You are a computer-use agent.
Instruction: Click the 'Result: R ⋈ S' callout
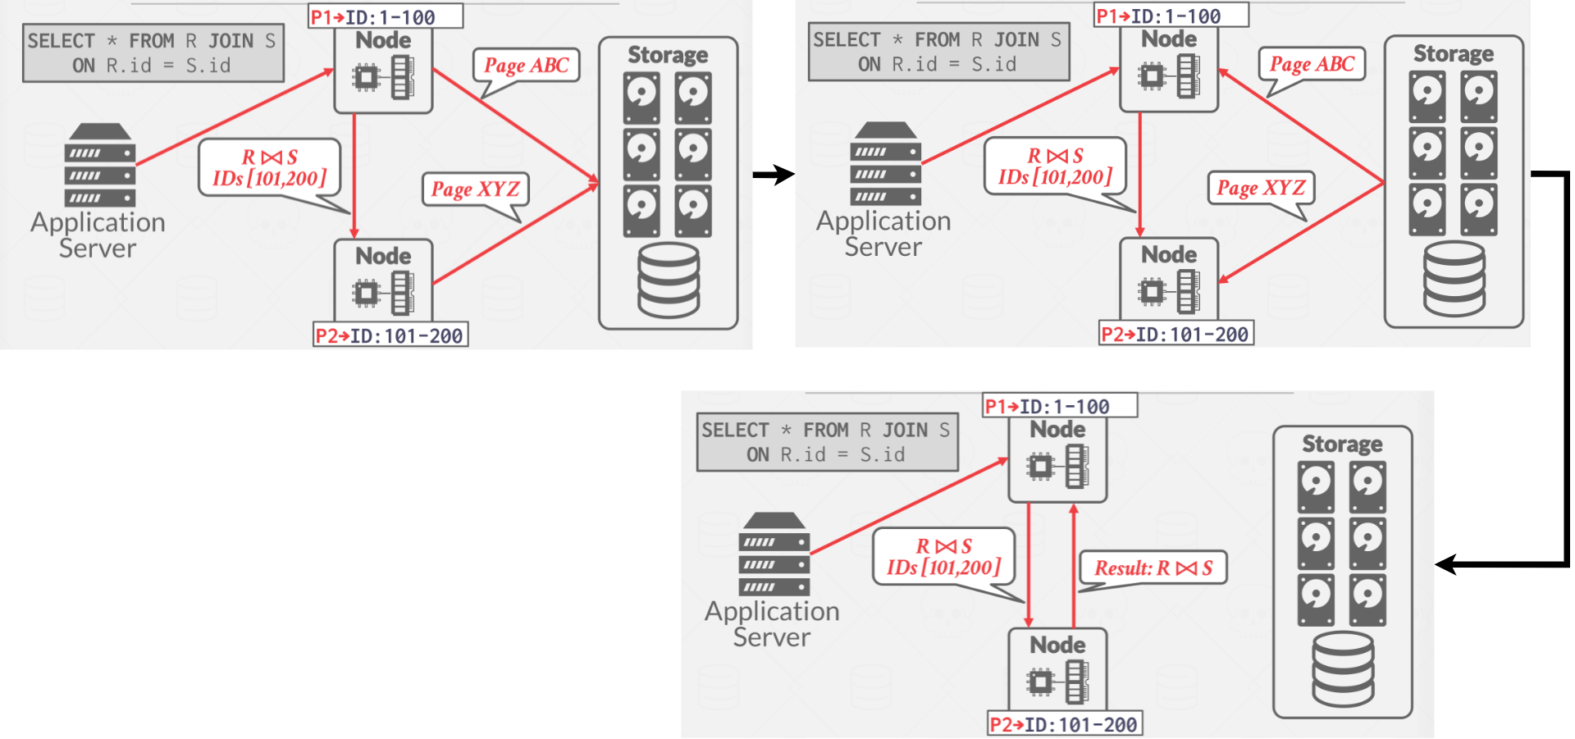click(x=1153, y=568)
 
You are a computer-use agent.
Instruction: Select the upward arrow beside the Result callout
click(x=1074, y=566)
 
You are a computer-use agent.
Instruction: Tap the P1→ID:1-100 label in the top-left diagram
click(x=385, y=16)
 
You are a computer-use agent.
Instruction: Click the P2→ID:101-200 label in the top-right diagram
click(x=1176, y=334)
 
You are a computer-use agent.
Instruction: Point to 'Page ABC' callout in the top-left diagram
click(x=526, y=66)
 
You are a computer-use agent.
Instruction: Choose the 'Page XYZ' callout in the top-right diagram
click(x=1261, y=188)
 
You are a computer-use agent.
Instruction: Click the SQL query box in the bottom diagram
click(x=827, y=442)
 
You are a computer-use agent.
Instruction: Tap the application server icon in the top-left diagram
click(x=100, y=165)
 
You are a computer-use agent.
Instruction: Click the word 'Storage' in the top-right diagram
click(x=1453, y=54)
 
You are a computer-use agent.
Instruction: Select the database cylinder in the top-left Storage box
click(x=669, y=281)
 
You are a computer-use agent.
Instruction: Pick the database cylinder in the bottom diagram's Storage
click(x=1343, y=669)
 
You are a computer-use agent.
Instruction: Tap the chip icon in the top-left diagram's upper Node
click(x=366, y=78)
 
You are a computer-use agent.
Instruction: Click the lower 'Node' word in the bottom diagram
click(x=1057, y=645)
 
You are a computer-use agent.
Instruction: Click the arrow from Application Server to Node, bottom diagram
click(x=909, y=506)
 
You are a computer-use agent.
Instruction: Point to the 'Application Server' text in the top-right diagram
click(x=883, y=234)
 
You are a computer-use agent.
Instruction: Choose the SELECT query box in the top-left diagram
click(x=153, y=53)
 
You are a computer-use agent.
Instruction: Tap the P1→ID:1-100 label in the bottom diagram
click(x=1059, y=406)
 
